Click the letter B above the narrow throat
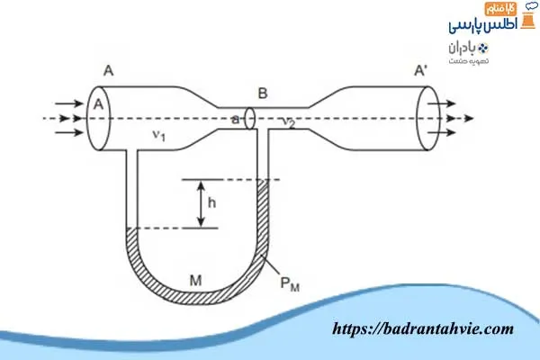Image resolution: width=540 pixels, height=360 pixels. pyautogui.click(x=262, y=93)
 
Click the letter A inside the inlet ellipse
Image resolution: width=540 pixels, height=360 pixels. pyautogui.click(x=98, y=105)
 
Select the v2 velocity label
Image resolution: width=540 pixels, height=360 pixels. pyautogui.click(x=288, y=124)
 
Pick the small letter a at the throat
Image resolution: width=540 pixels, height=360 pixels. pyautogui.click(x=236, y=118)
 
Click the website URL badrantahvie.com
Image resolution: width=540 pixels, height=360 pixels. pyautogui.click(x=423, y=330)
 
